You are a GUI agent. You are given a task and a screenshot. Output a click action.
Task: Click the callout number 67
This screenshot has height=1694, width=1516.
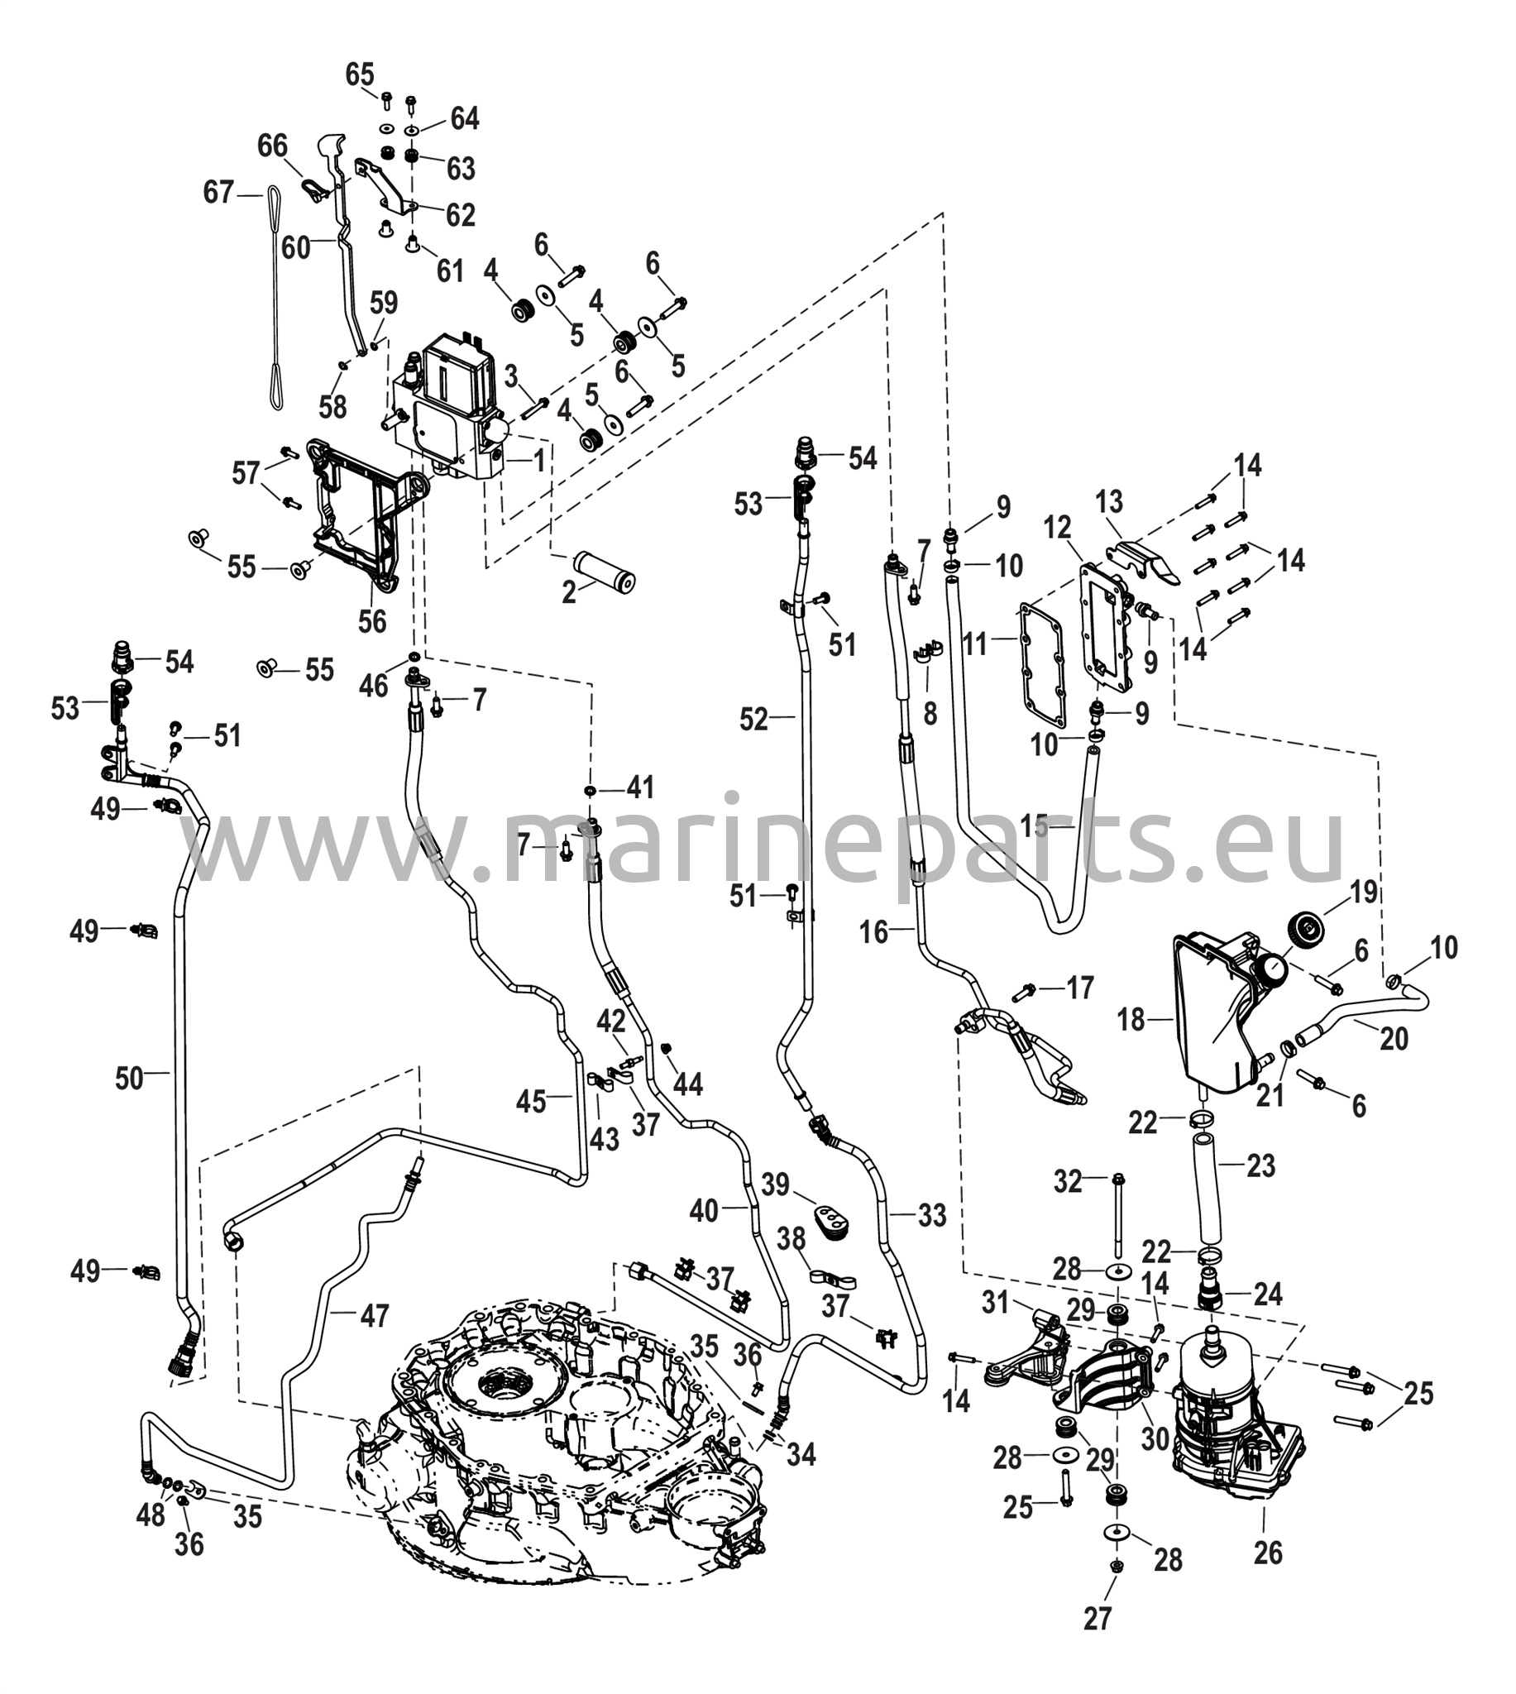click(218, 194)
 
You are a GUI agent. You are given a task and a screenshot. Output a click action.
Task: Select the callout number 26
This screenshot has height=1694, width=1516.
click(1267, 1553)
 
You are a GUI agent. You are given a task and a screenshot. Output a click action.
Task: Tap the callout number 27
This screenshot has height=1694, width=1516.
click(1097, 1642)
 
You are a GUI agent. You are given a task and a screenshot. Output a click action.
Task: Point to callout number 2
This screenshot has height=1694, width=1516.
click(569, 592)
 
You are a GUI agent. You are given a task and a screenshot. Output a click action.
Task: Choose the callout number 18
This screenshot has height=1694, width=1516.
click(1131, 1018)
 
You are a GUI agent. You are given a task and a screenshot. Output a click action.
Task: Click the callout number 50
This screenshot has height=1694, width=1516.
click(130, 1079)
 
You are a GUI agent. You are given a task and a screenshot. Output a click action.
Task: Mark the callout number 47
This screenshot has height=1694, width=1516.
click(374, 1315)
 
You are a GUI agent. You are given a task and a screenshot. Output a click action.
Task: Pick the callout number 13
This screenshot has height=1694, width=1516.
click(1109, 501)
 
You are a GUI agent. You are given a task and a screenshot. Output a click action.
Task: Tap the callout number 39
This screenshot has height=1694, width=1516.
click(776, 1184)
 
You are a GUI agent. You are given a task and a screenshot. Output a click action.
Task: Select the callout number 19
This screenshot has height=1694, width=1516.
click(1364, 892)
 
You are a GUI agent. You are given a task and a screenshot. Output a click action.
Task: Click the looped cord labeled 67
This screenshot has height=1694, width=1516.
click(275, 299)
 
